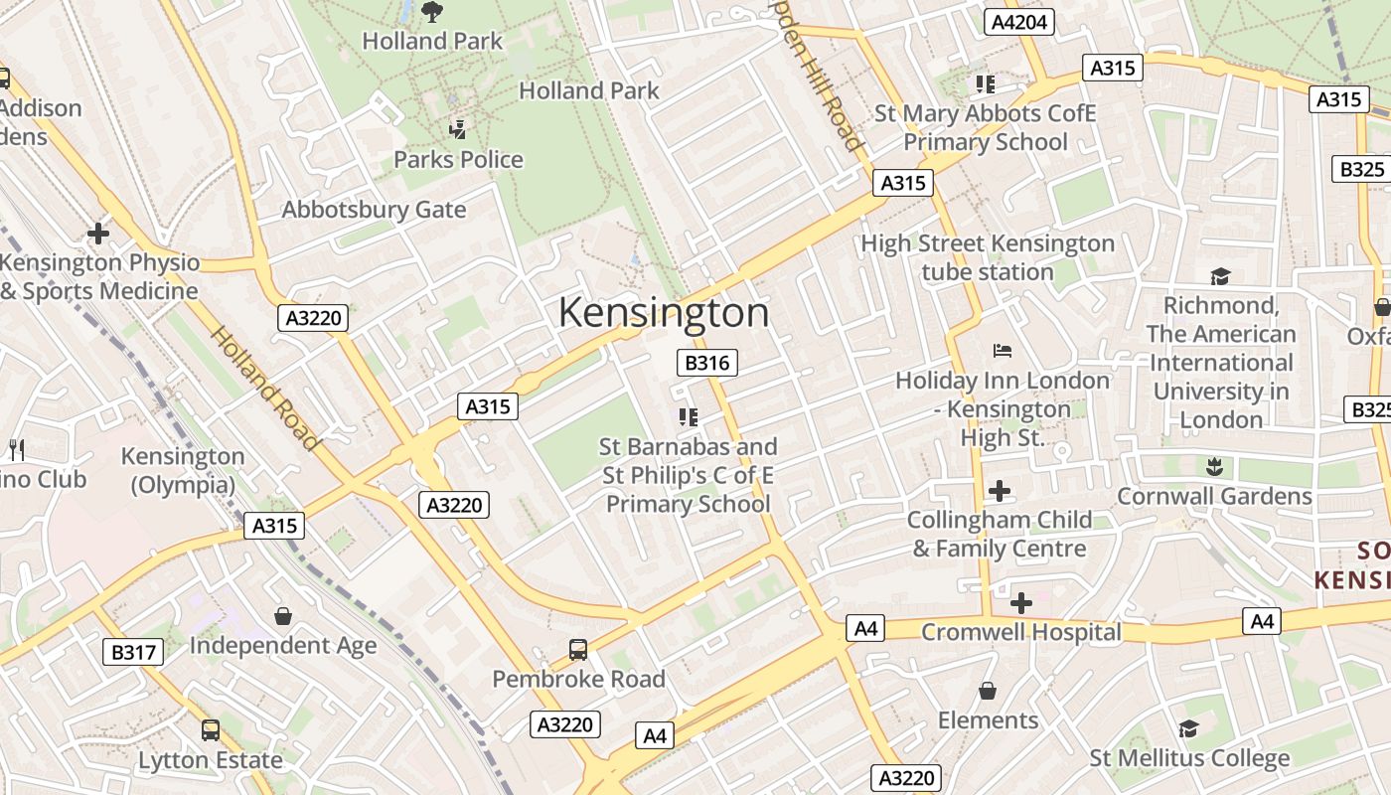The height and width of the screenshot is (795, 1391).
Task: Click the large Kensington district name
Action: (x=664, y=313)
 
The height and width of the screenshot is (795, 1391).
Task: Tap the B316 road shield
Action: (x=707, y=363)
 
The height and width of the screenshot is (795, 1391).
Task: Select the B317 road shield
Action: (x=133, y=652)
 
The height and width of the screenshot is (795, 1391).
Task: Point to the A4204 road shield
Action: (x=1019, y=22)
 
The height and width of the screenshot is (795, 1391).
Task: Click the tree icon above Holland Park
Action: (x=432, y=12)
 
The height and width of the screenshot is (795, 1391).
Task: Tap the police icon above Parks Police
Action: (x=458, y=128)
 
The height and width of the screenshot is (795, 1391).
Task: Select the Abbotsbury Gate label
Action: (x=374, y=210)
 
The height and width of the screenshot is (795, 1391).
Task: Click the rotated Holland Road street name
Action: (x=264, y=389)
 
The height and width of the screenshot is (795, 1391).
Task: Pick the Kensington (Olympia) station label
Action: (x=183, y=470)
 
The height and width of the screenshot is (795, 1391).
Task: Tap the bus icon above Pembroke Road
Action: (x=578, y=650)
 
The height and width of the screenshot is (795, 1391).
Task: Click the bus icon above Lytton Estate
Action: (x=211, y=730)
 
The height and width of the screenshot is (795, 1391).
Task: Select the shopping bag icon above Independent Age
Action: (x=283, y=616)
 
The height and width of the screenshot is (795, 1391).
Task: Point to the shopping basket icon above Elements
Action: (x=988, y=691)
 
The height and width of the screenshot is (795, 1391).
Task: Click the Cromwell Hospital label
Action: (x=1020, y=632)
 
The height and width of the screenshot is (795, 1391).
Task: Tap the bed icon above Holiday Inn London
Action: (x=1003, y=351)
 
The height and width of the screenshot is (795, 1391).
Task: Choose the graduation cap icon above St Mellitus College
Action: (x=1189, y=729)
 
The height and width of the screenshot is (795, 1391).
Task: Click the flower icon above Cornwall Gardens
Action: (x=1213, y=465)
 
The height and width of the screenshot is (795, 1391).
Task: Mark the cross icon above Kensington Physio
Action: (x=98, y=234)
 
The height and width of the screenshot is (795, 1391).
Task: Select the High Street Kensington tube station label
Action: (x=988, y=257)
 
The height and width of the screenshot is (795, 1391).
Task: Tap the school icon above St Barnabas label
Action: (x=688, y=416)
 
